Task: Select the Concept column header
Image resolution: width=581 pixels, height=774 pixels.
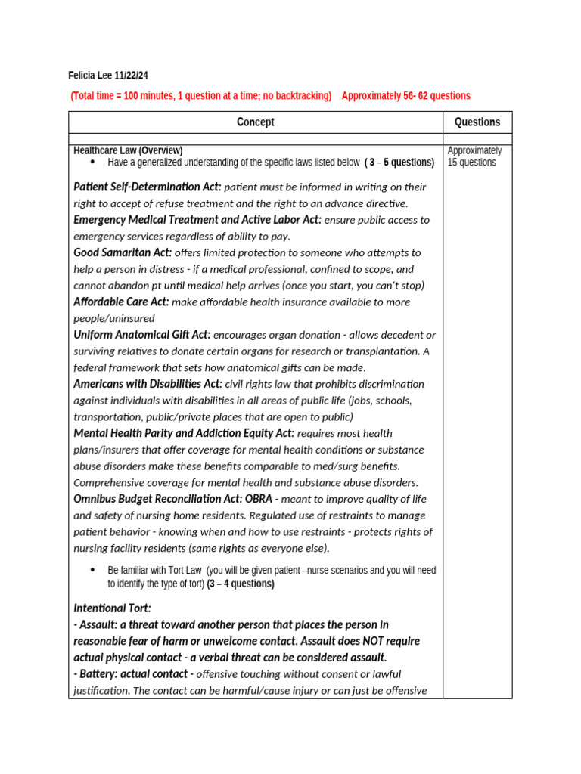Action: point(256,122)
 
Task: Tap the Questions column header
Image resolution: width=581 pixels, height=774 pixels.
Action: point(477,122)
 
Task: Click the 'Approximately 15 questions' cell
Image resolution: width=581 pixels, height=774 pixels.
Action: point(474,156)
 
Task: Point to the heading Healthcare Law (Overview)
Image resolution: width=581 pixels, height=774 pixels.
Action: point(128,150)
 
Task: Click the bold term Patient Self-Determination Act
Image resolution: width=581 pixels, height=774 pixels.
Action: point(148,187)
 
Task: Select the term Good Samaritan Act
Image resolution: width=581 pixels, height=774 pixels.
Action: point(123,252)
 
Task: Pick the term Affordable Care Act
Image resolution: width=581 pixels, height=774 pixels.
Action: point(121,302)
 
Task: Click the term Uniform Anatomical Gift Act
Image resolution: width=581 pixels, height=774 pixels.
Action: point(141,335)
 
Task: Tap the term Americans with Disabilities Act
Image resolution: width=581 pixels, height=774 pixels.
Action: point(148,384)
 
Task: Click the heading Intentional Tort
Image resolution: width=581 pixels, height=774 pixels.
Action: point(112,608)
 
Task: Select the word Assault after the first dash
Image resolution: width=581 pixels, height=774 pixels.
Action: point(98,625)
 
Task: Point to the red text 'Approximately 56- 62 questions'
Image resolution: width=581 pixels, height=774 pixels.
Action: point(405,96)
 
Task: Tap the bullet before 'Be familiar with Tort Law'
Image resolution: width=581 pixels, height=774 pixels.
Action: point(92,570)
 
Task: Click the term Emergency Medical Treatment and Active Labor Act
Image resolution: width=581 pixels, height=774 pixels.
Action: point(197,220)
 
